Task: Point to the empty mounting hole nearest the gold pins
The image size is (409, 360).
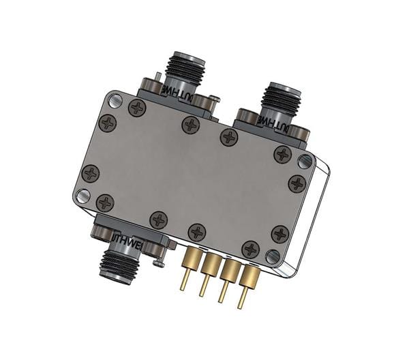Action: [272, 257]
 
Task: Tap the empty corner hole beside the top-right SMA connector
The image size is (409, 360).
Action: [304, 162]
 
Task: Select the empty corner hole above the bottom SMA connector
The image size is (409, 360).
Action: [82, 196]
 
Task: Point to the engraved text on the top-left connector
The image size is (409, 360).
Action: [179, 94]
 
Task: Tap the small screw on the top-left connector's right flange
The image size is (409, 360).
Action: [213, 102]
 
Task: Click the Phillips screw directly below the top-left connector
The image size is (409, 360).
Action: [191, 125]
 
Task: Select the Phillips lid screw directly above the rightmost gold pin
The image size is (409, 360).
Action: [251, 248]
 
